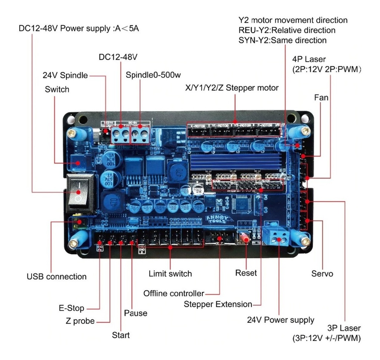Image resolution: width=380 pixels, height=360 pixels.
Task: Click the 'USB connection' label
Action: point(56,277)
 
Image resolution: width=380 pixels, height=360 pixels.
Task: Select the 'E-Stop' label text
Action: point(71,308)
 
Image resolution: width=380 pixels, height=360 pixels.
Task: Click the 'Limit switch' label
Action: point(170,274)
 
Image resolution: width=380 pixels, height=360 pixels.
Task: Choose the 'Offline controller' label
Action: point(174,293)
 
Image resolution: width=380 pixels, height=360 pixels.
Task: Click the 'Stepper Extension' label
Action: point(218,304)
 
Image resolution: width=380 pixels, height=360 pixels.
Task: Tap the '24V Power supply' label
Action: point(281,320)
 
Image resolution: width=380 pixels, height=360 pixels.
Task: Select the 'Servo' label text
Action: point(322,274)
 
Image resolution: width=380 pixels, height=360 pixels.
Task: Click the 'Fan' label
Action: point(321,98)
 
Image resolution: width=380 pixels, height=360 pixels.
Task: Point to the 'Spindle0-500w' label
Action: point(153,75)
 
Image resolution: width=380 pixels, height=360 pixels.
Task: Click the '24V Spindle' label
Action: point(65,75)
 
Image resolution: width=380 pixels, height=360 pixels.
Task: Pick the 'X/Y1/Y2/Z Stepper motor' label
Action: point(232,88)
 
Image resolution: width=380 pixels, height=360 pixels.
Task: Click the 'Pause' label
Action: point(135,313)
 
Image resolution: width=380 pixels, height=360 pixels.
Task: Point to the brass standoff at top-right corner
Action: point(305,131)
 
